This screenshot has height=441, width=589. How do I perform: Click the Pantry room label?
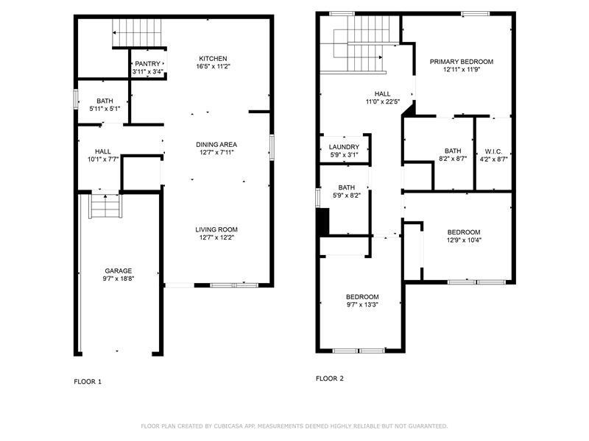(148, 64)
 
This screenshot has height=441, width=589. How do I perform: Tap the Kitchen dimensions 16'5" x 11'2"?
(213, 67)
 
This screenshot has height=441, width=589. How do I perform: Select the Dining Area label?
(216, 144)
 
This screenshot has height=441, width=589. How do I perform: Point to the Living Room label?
(216, 229)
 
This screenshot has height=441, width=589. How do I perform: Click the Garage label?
(119, 270)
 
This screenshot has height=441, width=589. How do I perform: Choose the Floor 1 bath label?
(105, 101)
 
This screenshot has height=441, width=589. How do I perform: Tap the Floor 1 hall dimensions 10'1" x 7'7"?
(103, 159)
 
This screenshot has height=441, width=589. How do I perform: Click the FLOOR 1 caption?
(88, 381)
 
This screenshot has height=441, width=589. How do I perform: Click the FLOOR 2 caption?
(329, 379)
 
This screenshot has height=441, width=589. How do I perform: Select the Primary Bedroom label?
(462, 62)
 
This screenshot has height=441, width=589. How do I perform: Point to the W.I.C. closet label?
(493, 151)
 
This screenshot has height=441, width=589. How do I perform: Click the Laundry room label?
(344, 147)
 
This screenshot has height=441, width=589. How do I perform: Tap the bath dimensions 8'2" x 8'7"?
(453, 159)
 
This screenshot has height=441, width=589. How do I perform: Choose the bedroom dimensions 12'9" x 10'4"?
(464, 240)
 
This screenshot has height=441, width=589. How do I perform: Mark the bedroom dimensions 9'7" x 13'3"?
(362, 304)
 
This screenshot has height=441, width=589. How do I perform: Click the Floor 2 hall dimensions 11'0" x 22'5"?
(382, 101)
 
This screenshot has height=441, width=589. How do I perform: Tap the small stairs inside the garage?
(105, 205)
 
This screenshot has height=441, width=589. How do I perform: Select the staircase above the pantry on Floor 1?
(137, 32)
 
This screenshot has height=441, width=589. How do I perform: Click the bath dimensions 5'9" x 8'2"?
(346, 196)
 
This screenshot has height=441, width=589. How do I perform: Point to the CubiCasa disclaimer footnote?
(294, 426)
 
